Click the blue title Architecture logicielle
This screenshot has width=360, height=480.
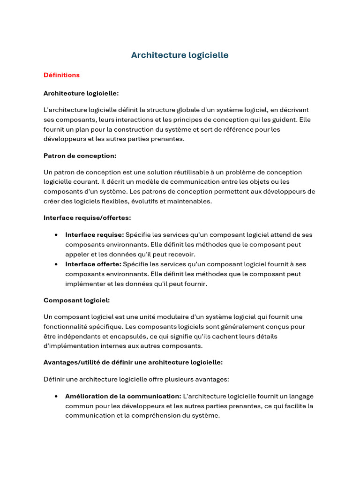coord(180,55)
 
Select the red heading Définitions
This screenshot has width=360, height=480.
coord(61,75)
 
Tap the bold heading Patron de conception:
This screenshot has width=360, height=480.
coord(80,156)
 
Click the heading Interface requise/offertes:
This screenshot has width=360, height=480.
coord(87,218)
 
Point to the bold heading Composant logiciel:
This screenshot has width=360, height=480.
coord(76,300)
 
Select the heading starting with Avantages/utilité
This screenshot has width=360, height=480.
coord(133,362)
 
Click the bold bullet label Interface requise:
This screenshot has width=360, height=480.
coord(94,235)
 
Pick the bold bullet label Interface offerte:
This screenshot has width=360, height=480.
coord(93,264)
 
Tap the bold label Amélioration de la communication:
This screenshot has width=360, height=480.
coord(123,396)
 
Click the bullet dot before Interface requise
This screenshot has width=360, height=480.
coord(56,235)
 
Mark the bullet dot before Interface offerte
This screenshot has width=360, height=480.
coord(56,264)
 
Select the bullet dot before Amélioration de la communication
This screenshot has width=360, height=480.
coord(56,396)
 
